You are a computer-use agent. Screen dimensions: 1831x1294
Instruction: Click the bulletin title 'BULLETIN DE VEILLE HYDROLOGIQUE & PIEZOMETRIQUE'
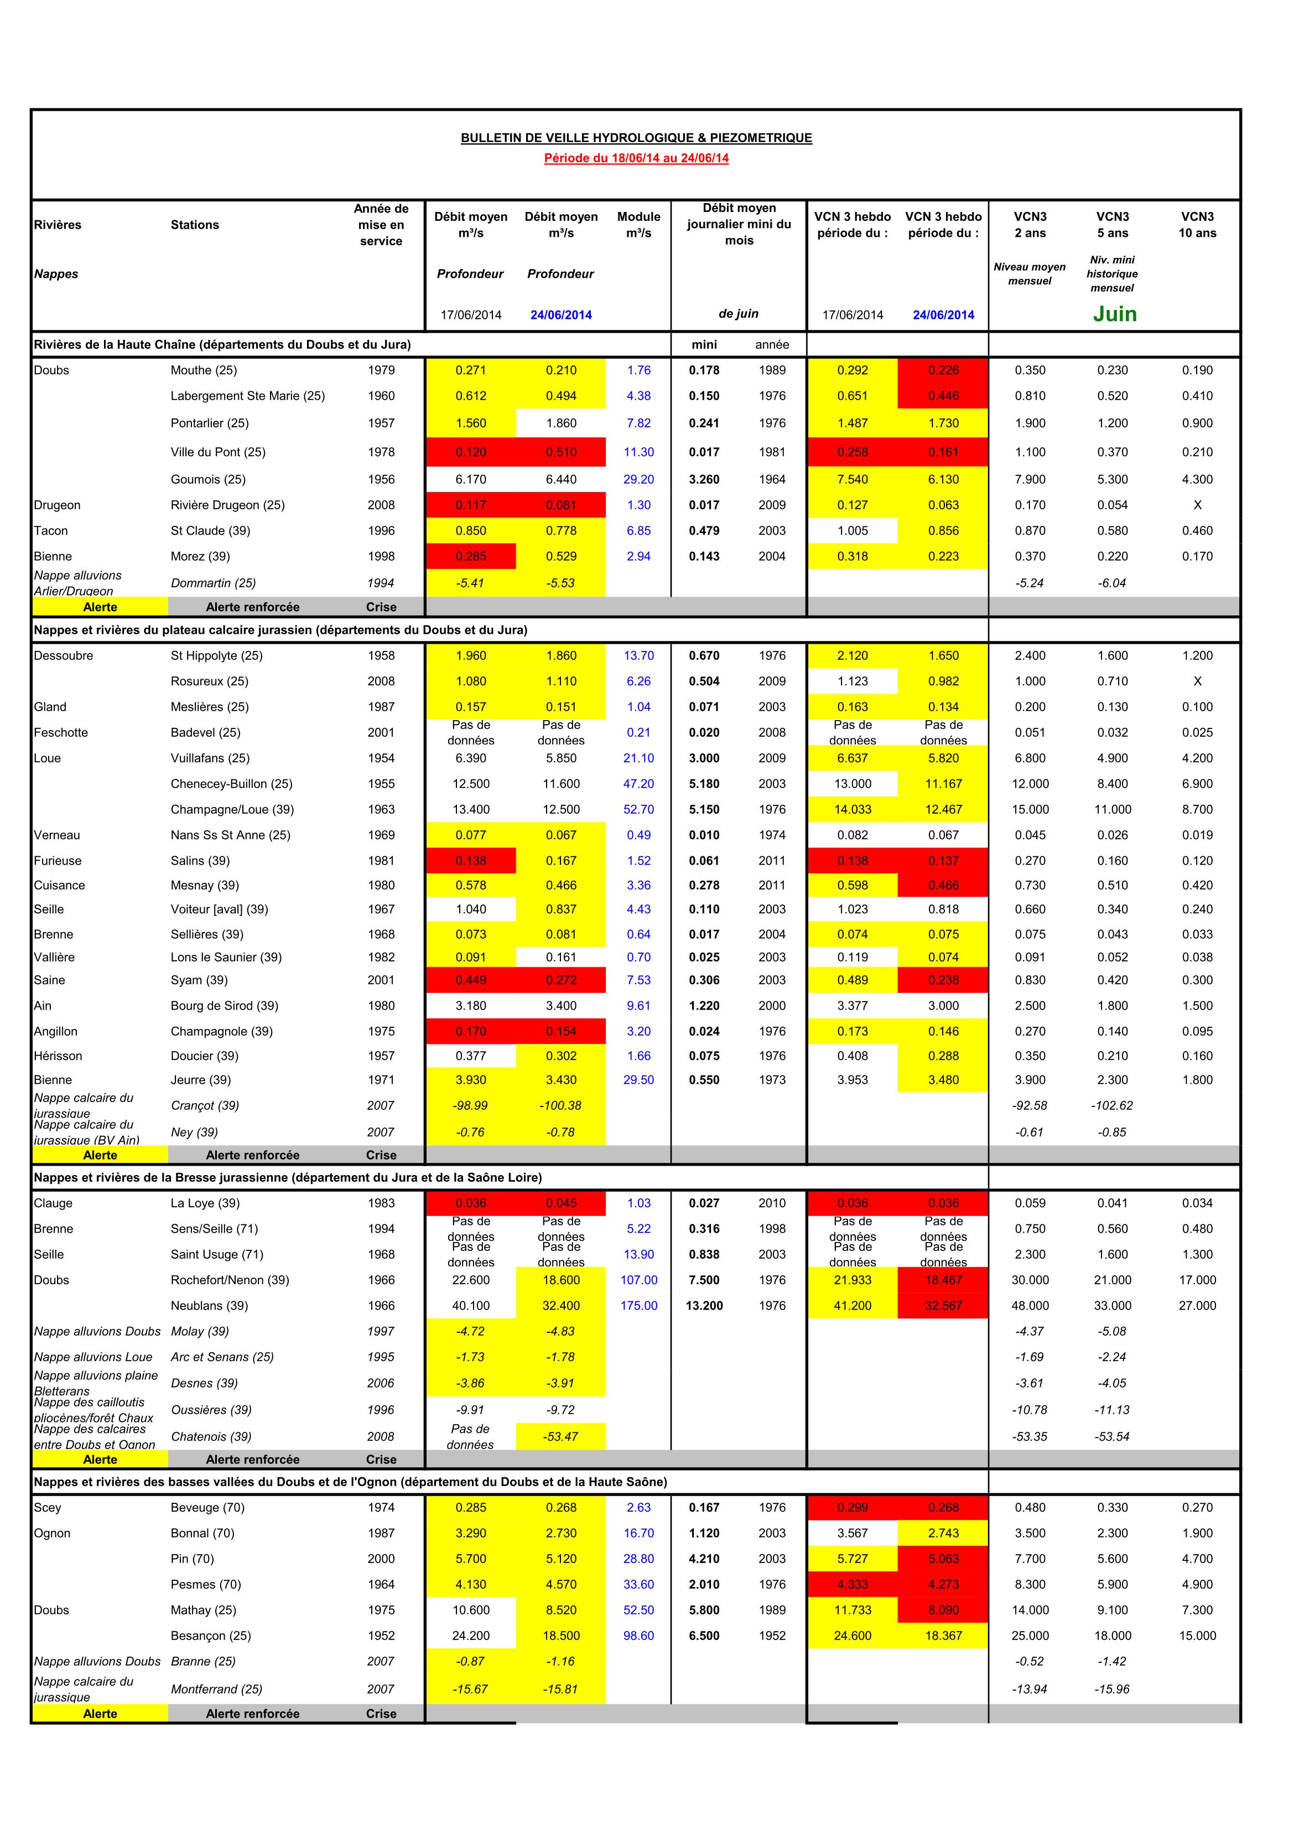click(x=636, y=138)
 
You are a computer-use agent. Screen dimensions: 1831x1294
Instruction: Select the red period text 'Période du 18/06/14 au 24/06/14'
click(x=636, y=158)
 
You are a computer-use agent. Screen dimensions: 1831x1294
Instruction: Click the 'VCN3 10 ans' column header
click(x=1197, y=225)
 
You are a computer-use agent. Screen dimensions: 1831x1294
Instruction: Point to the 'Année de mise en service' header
click(x=381, y=225)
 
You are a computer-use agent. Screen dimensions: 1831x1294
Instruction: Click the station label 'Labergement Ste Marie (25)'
click(x=247, y=396)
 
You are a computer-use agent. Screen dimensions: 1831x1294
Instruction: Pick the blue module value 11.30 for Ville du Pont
click(x=638, y=452)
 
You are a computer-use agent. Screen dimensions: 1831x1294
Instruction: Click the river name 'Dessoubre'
click(x=64, y=655)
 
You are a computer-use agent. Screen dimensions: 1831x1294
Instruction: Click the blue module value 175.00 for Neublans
click(x=638, y=1306)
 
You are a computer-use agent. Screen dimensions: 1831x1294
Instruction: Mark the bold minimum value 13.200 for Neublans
click(x=704, y=1306)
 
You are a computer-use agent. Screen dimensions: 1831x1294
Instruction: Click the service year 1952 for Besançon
click(x=381, y=1636)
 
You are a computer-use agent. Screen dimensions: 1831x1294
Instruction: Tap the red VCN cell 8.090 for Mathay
click(x=943, y=1610)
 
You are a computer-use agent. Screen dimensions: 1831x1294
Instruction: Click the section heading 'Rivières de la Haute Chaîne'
click(x=222, y=344)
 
